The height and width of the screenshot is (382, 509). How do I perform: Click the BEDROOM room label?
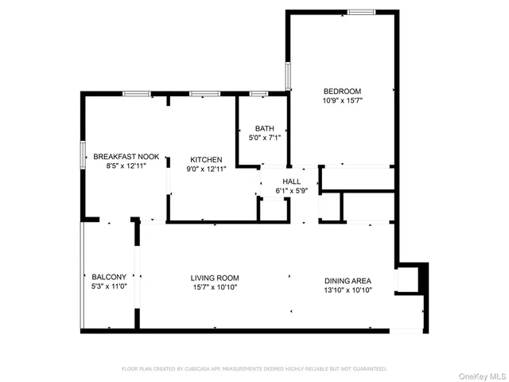[342, 91]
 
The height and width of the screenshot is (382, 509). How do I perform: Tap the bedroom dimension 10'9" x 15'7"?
[342, 101]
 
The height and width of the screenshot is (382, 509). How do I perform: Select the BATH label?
[265, 129]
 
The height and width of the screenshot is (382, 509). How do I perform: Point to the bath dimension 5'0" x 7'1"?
[265, 138]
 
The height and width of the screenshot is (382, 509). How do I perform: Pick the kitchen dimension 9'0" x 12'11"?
[201, 169]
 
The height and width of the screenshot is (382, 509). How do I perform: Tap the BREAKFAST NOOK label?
[126, 156]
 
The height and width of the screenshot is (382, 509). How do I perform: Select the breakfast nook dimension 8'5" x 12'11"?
[127, 166]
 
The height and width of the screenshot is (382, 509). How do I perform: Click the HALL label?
[290, 181]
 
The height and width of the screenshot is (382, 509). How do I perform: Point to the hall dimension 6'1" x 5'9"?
[290, 190]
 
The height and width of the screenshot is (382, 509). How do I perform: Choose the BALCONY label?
[109, 277]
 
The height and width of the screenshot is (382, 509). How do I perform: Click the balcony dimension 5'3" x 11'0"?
[109, 287]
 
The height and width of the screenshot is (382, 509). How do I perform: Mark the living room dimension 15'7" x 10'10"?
[215, 288]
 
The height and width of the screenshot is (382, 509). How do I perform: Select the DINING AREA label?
[348, 280]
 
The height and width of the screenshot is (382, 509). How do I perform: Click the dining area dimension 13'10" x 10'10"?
[348, 290]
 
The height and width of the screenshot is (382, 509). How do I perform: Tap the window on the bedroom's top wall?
[361, 12]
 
